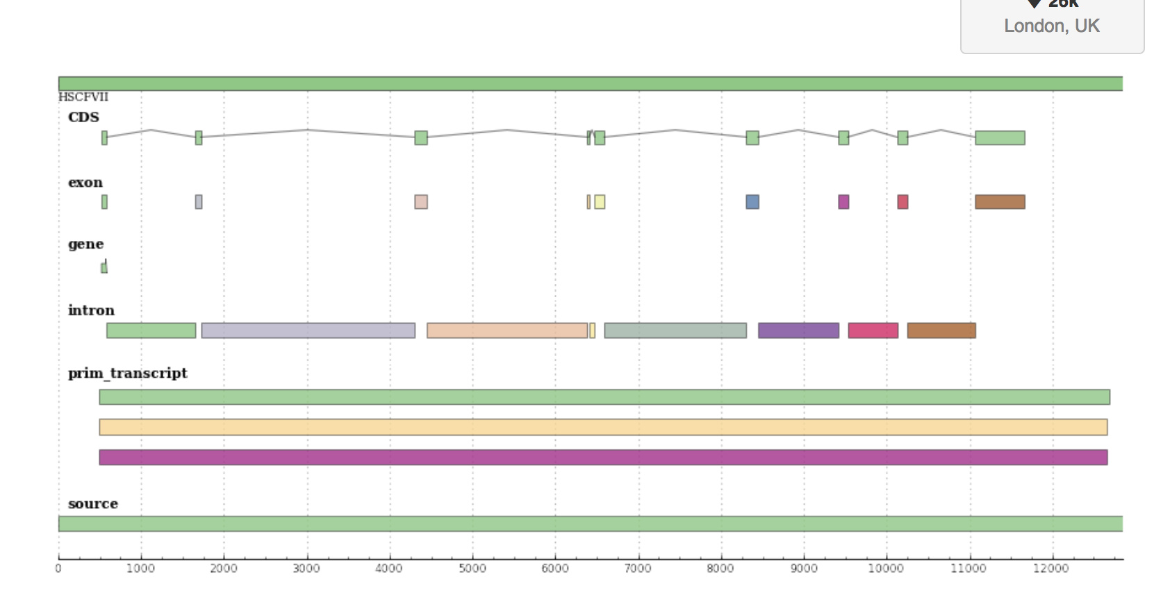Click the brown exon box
(1000, 202)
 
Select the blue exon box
(752, 202)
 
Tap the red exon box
(903, 202)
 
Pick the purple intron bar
(798, 330)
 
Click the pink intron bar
(873, 330)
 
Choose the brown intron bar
(941, 330)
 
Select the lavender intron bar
(308, 330)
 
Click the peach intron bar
(507, 330)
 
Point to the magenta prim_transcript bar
(603, 458)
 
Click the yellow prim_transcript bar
(603, 427)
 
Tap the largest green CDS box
(1000, 137)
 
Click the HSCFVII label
(83, 97)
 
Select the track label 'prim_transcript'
(128, 374)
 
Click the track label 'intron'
(91, 310)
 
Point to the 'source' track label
(93, 504)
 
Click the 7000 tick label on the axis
(638, 569)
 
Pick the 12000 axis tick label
(1051, 569)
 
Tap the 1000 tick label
(140, 569)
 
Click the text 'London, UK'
(1051, 26)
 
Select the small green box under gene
(104, 267)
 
